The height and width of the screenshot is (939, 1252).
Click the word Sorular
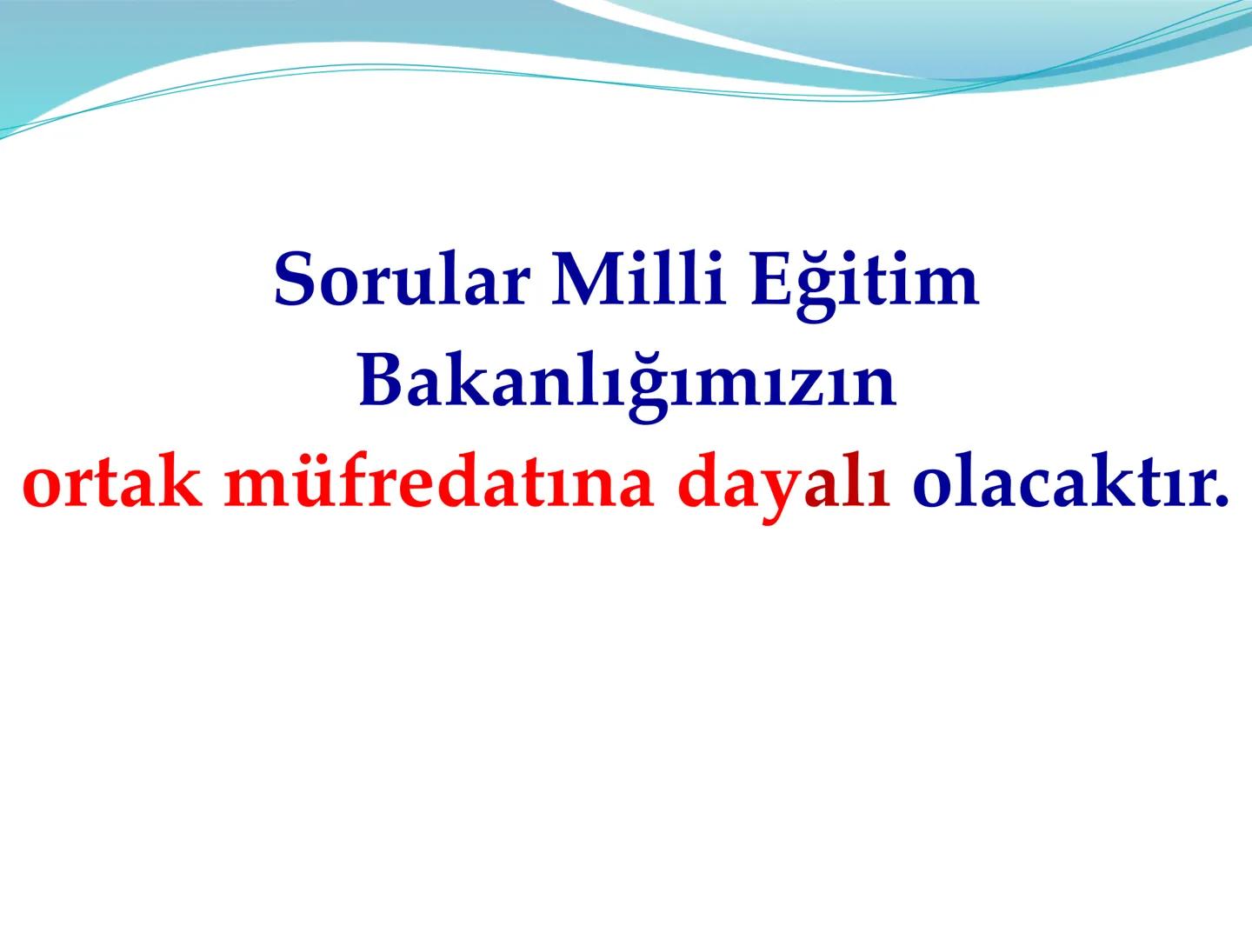pyautogui.click(x=399, y=281)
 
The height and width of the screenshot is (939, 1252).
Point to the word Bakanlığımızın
pyautogui.click(x=626, y=383)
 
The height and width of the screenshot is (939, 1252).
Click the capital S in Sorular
pyautogui.click(x=293, y=281)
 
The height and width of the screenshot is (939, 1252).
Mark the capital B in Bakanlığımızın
pyautogui.click(x=379, y=383)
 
